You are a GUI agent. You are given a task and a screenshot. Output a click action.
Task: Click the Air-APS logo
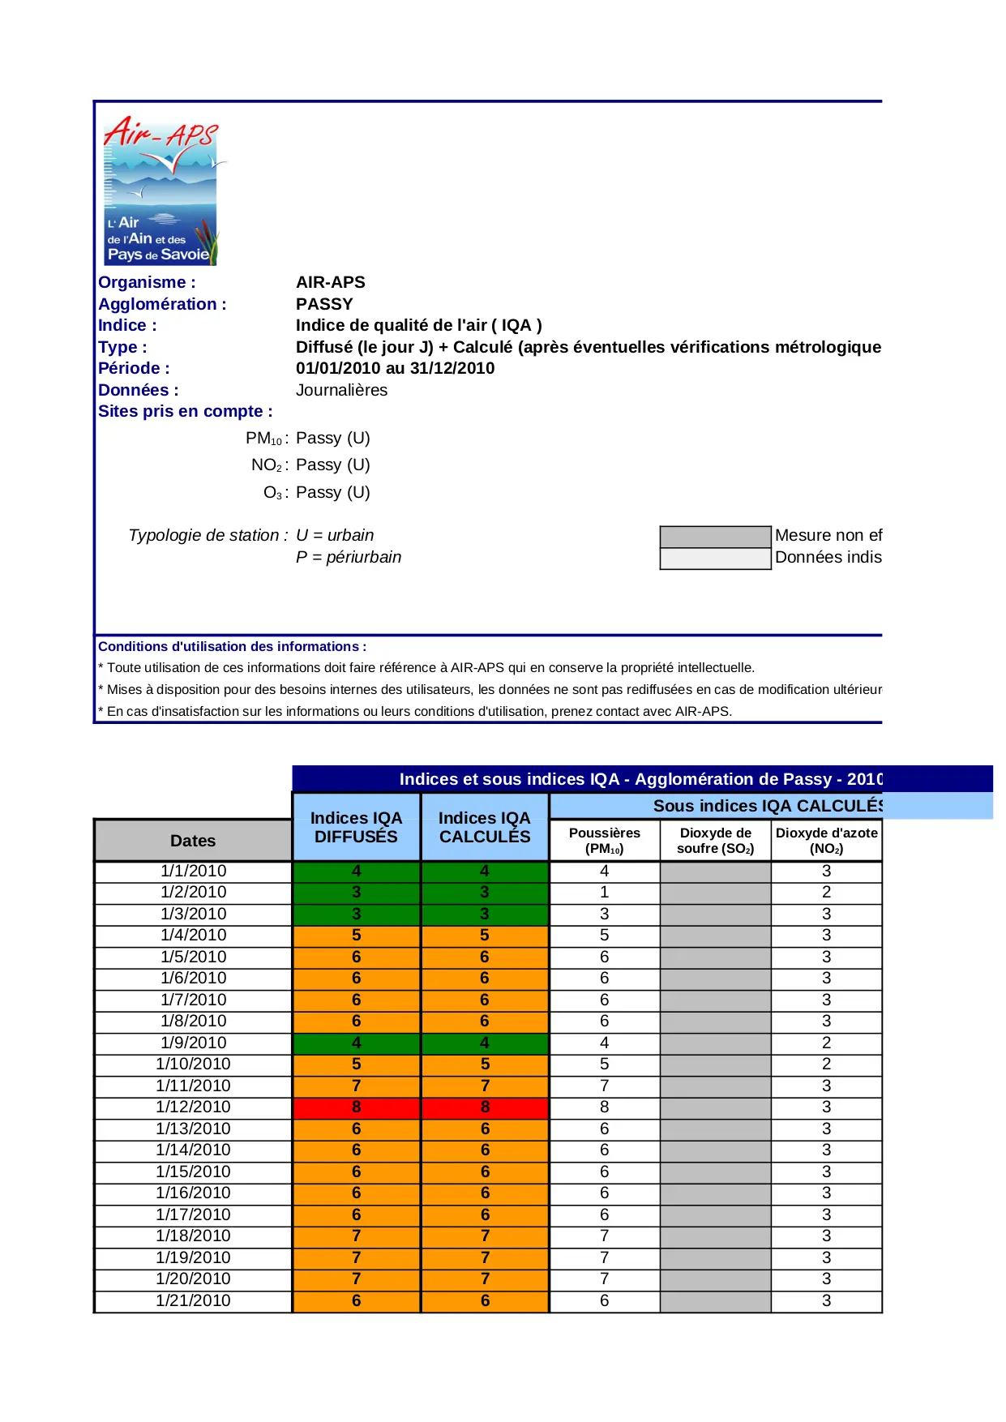click(161, 191)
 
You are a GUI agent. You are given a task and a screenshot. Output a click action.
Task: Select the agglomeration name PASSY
click(324, 304)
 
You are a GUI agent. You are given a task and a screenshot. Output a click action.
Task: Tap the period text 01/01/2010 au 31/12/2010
click(395, 368)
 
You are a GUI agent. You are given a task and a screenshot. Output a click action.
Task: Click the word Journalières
click(341, 390)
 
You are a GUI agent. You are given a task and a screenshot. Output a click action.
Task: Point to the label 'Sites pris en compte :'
click(185, 411)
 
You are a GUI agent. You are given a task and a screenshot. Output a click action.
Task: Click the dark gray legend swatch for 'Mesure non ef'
click(715, 537)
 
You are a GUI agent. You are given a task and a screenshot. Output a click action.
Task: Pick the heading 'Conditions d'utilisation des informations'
click(232, 646)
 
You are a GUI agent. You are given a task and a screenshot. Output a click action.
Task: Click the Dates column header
click(193, 841)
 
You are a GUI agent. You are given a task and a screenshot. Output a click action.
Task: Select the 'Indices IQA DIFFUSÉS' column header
click(356, 827)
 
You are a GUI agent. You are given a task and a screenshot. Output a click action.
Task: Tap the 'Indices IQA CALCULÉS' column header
click(485, 827)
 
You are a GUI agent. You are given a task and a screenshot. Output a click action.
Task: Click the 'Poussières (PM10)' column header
click(604, 841)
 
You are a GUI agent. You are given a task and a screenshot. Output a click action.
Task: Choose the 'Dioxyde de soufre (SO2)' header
click(715, 841)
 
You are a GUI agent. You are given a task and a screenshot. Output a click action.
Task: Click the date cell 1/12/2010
click(193, 1107)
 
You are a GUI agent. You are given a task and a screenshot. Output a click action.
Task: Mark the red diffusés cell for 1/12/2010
click(356, 1107)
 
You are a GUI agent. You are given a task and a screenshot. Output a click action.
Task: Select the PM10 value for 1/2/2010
click(604, 892)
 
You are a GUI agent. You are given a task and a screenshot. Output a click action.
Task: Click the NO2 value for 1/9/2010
click(826, 1043)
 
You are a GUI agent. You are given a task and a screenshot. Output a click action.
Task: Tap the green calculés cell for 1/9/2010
click(485, 1043)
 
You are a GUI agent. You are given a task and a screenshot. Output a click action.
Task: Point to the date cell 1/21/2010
click(193, 1300)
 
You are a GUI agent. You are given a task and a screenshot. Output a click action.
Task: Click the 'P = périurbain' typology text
click(349, 557)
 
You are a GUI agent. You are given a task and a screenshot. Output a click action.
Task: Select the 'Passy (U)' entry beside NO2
click(332, 465)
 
